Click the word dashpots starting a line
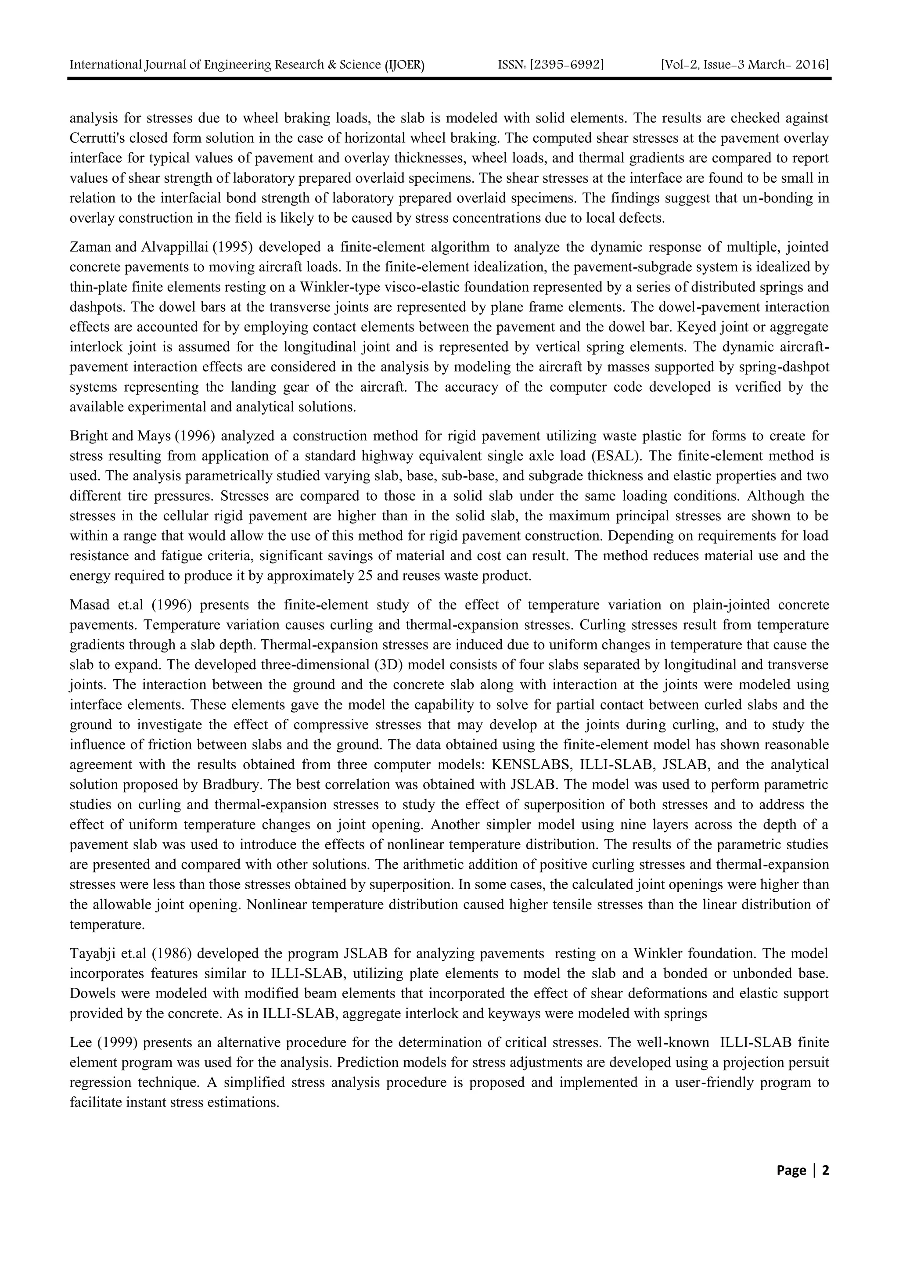89,307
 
